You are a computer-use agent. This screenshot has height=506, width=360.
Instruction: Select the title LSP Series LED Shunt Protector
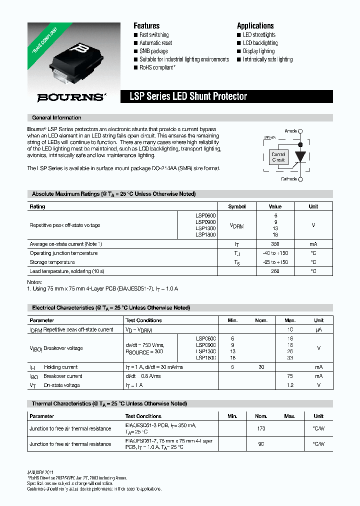click(188, 96)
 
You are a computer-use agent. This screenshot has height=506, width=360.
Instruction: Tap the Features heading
click(146, 25)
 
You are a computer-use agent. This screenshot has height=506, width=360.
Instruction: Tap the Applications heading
click(255, 25)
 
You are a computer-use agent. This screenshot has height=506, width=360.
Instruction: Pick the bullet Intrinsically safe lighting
click(267, 59)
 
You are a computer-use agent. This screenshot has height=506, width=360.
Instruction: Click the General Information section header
click(56, 117)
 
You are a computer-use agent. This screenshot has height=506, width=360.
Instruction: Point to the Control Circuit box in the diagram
click(278, 157)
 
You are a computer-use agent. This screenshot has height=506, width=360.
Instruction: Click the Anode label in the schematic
click(290, 131)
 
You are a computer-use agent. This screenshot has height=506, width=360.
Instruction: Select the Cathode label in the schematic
click(288, 179)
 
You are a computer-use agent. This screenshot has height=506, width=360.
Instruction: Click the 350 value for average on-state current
click(275, 244)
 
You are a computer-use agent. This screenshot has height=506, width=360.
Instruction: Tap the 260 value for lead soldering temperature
click(275, 271)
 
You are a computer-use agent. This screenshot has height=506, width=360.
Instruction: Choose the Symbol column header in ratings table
click(237, 206)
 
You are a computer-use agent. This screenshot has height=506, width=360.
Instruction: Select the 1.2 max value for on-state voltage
click(290, 385)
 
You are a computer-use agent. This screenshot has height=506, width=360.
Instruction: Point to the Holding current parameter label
click(60, 367)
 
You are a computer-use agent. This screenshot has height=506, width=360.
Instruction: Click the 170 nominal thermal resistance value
click(261, 428)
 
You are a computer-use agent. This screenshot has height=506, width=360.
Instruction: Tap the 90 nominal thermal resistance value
click(261, 444)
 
